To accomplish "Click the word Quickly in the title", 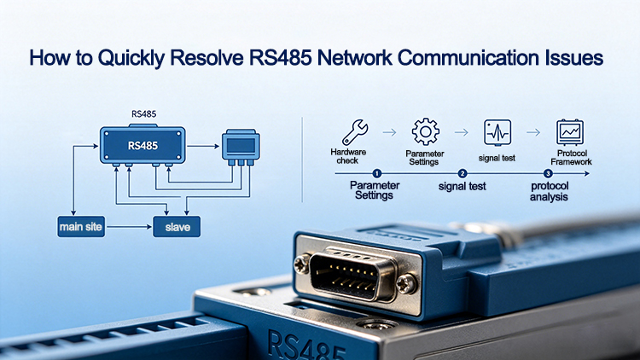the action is (x=131, y=58).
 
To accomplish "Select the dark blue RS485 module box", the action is (x=143, y=145).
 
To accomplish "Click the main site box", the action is (x=81, y=227).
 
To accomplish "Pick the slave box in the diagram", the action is (x=177, y=227).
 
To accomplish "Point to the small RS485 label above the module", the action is (x=143, y=114).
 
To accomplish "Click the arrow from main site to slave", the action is (x=129, y=227).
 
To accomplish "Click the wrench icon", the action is (x=355, y=132).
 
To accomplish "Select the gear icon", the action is (x=425, y=131).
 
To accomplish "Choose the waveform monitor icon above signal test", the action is (x=497, y=132).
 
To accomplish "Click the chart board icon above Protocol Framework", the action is (x=570, y=132).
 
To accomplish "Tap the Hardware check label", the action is (x=348, y=156).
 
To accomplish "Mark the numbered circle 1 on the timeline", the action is (x=376, y=173).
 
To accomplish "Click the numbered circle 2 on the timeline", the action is (x=462, y=173).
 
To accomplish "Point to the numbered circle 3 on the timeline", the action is (x=548, y=173).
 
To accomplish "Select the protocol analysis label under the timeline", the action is (x=550, y=191).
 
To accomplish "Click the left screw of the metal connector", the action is (x=302, y=264).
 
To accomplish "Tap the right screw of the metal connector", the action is (x=406, y=283).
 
